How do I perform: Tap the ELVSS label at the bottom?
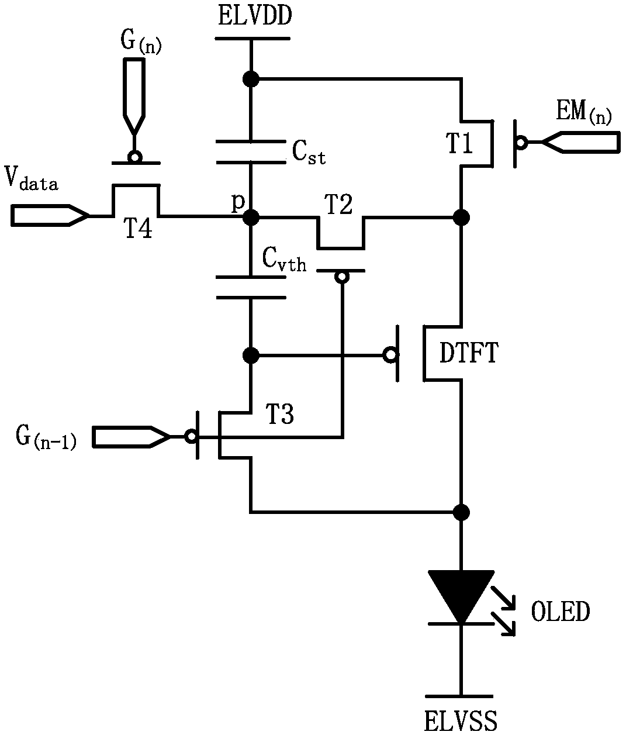(x=461, y=720)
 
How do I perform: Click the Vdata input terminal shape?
(x=50, y=215)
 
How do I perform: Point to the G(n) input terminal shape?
(x=134, y=96)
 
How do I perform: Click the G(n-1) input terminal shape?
(x=131, y=436)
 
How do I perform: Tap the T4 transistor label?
(x=137, y=228)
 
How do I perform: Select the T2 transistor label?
(x=338, y=205)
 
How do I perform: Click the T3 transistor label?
(x=281, y=414)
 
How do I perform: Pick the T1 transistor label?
(x=459, y=143)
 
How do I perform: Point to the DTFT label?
(x=469, y=353)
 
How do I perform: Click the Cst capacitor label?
(x=309, y=153)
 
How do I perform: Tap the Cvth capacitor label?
(x=284, y=260)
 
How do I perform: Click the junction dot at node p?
(x=251, y=217)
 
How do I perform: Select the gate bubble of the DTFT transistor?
(x=390, y=354)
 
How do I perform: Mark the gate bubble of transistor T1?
(x=521, y=143)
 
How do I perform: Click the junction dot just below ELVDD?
(x=251, y=78)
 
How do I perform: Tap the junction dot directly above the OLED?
(x=461, y=512)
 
